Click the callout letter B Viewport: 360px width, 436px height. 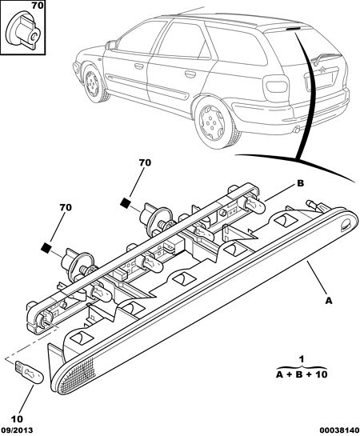tap(301, 183)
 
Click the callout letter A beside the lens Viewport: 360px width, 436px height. tap(329, 301)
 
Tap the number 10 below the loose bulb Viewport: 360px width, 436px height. tap(17, 419)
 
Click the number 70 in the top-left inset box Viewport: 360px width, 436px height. tap(38, 6)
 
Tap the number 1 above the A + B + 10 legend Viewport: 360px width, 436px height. tap(302, 359)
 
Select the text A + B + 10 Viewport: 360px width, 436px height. tap(302, 374)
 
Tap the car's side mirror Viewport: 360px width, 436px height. tap(111, 45)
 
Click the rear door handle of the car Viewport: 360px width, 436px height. tap(190, 74)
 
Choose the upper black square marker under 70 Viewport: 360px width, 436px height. tap(126, 202)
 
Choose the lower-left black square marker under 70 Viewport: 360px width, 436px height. tap(46, 247)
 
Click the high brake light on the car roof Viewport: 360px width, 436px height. tap(293, 28)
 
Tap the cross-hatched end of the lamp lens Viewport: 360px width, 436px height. tap(76, 376)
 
